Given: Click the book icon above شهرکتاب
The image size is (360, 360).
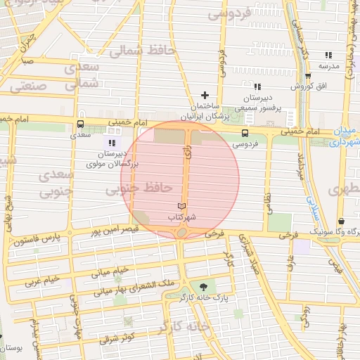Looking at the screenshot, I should (x=183, y=205).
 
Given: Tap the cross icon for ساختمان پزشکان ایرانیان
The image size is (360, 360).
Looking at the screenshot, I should (x=205, y=95).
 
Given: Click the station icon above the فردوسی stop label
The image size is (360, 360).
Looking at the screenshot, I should (x=245, y=133).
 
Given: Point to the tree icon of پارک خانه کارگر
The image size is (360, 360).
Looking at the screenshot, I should (x=204, y=286).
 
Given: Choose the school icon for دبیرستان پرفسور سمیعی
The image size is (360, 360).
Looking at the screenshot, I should (x=257, y=86).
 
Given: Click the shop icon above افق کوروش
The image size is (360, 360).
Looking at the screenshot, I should (x=307, y=76).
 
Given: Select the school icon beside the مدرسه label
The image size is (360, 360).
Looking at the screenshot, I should (x=328, y=55).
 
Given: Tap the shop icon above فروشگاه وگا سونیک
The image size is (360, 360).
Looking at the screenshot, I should (x=340, y=221).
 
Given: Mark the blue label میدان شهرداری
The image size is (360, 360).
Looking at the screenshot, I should (x=346, y=136).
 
